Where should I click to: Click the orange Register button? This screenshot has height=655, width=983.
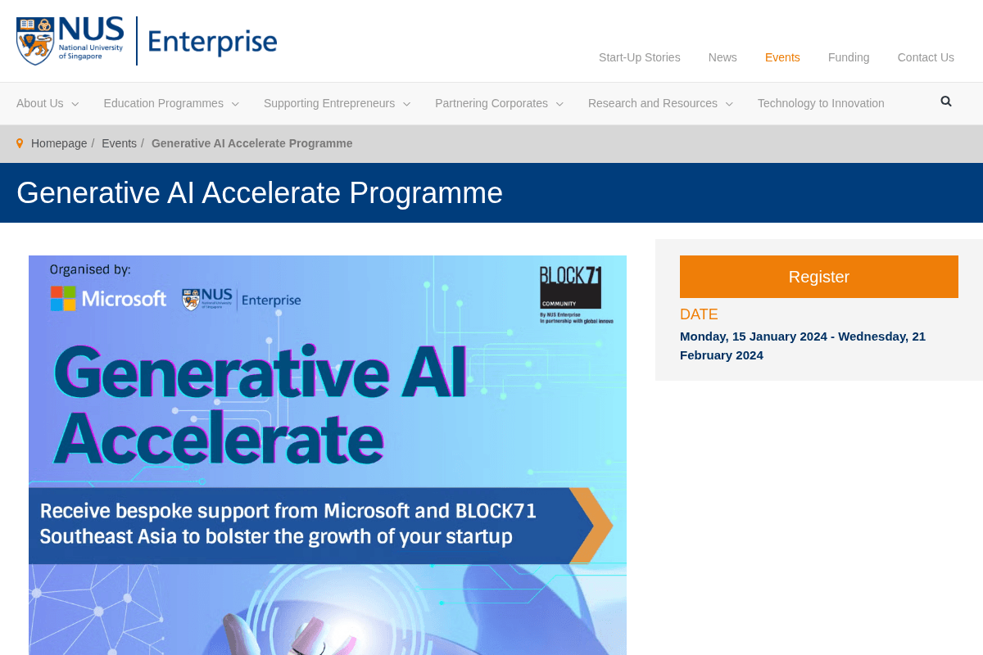pos(818,277)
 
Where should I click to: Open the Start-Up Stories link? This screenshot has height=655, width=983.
pos(639,57)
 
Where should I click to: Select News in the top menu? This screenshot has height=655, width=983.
pos(723,57)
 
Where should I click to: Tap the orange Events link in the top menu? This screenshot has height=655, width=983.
pos(782,57)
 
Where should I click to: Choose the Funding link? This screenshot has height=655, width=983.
pos(849,57)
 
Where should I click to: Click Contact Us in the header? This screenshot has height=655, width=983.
pos(926,57)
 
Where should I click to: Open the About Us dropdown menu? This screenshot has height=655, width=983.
pos(47,103)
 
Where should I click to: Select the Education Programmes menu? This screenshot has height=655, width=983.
pos(170,103)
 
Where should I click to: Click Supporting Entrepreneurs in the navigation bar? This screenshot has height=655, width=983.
pos(336,103)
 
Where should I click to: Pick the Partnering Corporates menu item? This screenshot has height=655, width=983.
pos(498,103)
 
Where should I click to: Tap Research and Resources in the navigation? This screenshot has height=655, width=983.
pos(659,103)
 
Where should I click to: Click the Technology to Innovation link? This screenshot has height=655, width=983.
pos(821,103)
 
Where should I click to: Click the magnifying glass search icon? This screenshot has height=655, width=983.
pos(946,102)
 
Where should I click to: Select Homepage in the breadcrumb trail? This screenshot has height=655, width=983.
pos(59,143)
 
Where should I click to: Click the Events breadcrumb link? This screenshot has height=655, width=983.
pos(119,143)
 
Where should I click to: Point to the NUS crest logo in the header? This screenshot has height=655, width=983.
pos(35,42)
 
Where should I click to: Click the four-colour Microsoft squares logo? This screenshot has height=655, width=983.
pos(63,299)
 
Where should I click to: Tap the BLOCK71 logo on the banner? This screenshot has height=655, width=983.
pos(570,288)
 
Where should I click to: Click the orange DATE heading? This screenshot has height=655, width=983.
pos(699,314)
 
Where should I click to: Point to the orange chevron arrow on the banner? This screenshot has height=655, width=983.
pos(591,526)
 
